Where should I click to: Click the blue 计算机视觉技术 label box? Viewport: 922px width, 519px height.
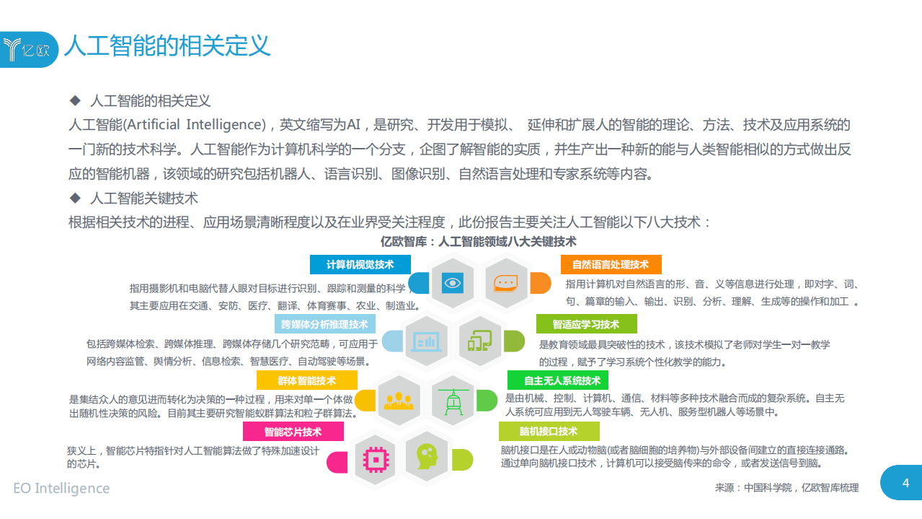[x=360, y=264]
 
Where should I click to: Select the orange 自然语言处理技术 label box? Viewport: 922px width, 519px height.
[x=610, y=264]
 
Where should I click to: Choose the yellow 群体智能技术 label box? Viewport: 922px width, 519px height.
[x=306, y=380]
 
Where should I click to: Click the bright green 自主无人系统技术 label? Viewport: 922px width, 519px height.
[x=557, y=380]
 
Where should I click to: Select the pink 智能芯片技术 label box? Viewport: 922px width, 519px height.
[x=293, y=432]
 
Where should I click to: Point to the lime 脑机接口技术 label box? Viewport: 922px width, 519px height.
[x=549, y=432]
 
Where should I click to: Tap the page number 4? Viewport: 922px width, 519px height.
[x=905, y=483]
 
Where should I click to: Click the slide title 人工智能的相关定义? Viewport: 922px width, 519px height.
[x=167, y=45]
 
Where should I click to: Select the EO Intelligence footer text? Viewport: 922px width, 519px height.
[x=61, y=488]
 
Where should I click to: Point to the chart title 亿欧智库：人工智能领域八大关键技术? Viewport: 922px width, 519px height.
[x=478, y=241]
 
